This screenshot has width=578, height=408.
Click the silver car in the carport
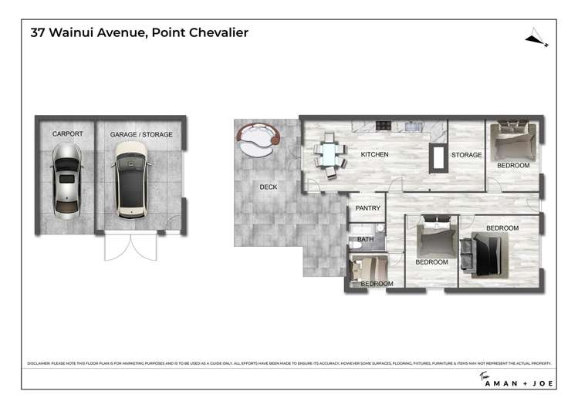point(66,178)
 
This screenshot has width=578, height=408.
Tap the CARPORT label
point(67,134)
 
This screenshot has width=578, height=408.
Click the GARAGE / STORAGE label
point(141,134)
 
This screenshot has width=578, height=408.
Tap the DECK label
point(268,187)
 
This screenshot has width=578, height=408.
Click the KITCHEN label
point(374,155)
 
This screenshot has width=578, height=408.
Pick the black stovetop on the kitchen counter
point(384,125)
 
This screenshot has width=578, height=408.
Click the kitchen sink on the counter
point(412,125)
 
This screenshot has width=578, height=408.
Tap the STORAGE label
point(466,155)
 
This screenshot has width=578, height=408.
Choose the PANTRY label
point(367,208)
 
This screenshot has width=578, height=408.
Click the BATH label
point(365,241)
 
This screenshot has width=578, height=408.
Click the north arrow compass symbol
point(536,38)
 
